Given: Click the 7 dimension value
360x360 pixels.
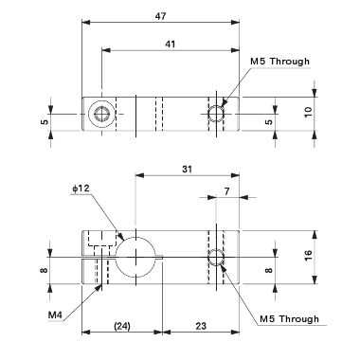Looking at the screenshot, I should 227,192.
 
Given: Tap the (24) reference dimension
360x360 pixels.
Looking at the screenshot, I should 121,325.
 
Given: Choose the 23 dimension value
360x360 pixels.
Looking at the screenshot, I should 202,325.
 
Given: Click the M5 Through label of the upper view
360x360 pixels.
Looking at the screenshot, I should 281,63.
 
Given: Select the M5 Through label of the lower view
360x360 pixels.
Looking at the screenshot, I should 289,318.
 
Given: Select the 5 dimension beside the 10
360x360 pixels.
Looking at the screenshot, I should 269,122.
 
